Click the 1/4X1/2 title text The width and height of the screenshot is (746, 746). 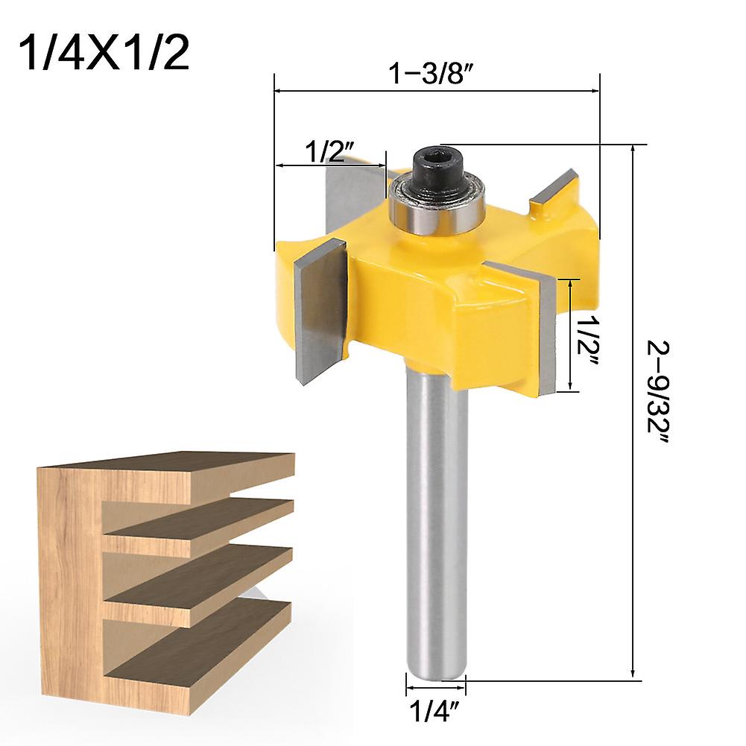tap(104, 52)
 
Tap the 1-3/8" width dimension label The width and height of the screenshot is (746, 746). tap(432, 74)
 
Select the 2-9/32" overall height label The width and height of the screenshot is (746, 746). tap(658, 393)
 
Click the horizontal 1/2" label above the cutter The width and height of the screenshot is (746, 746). tap(332, 152)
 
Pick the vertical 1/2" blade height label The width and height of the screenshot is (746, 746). tap(587, 343)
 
